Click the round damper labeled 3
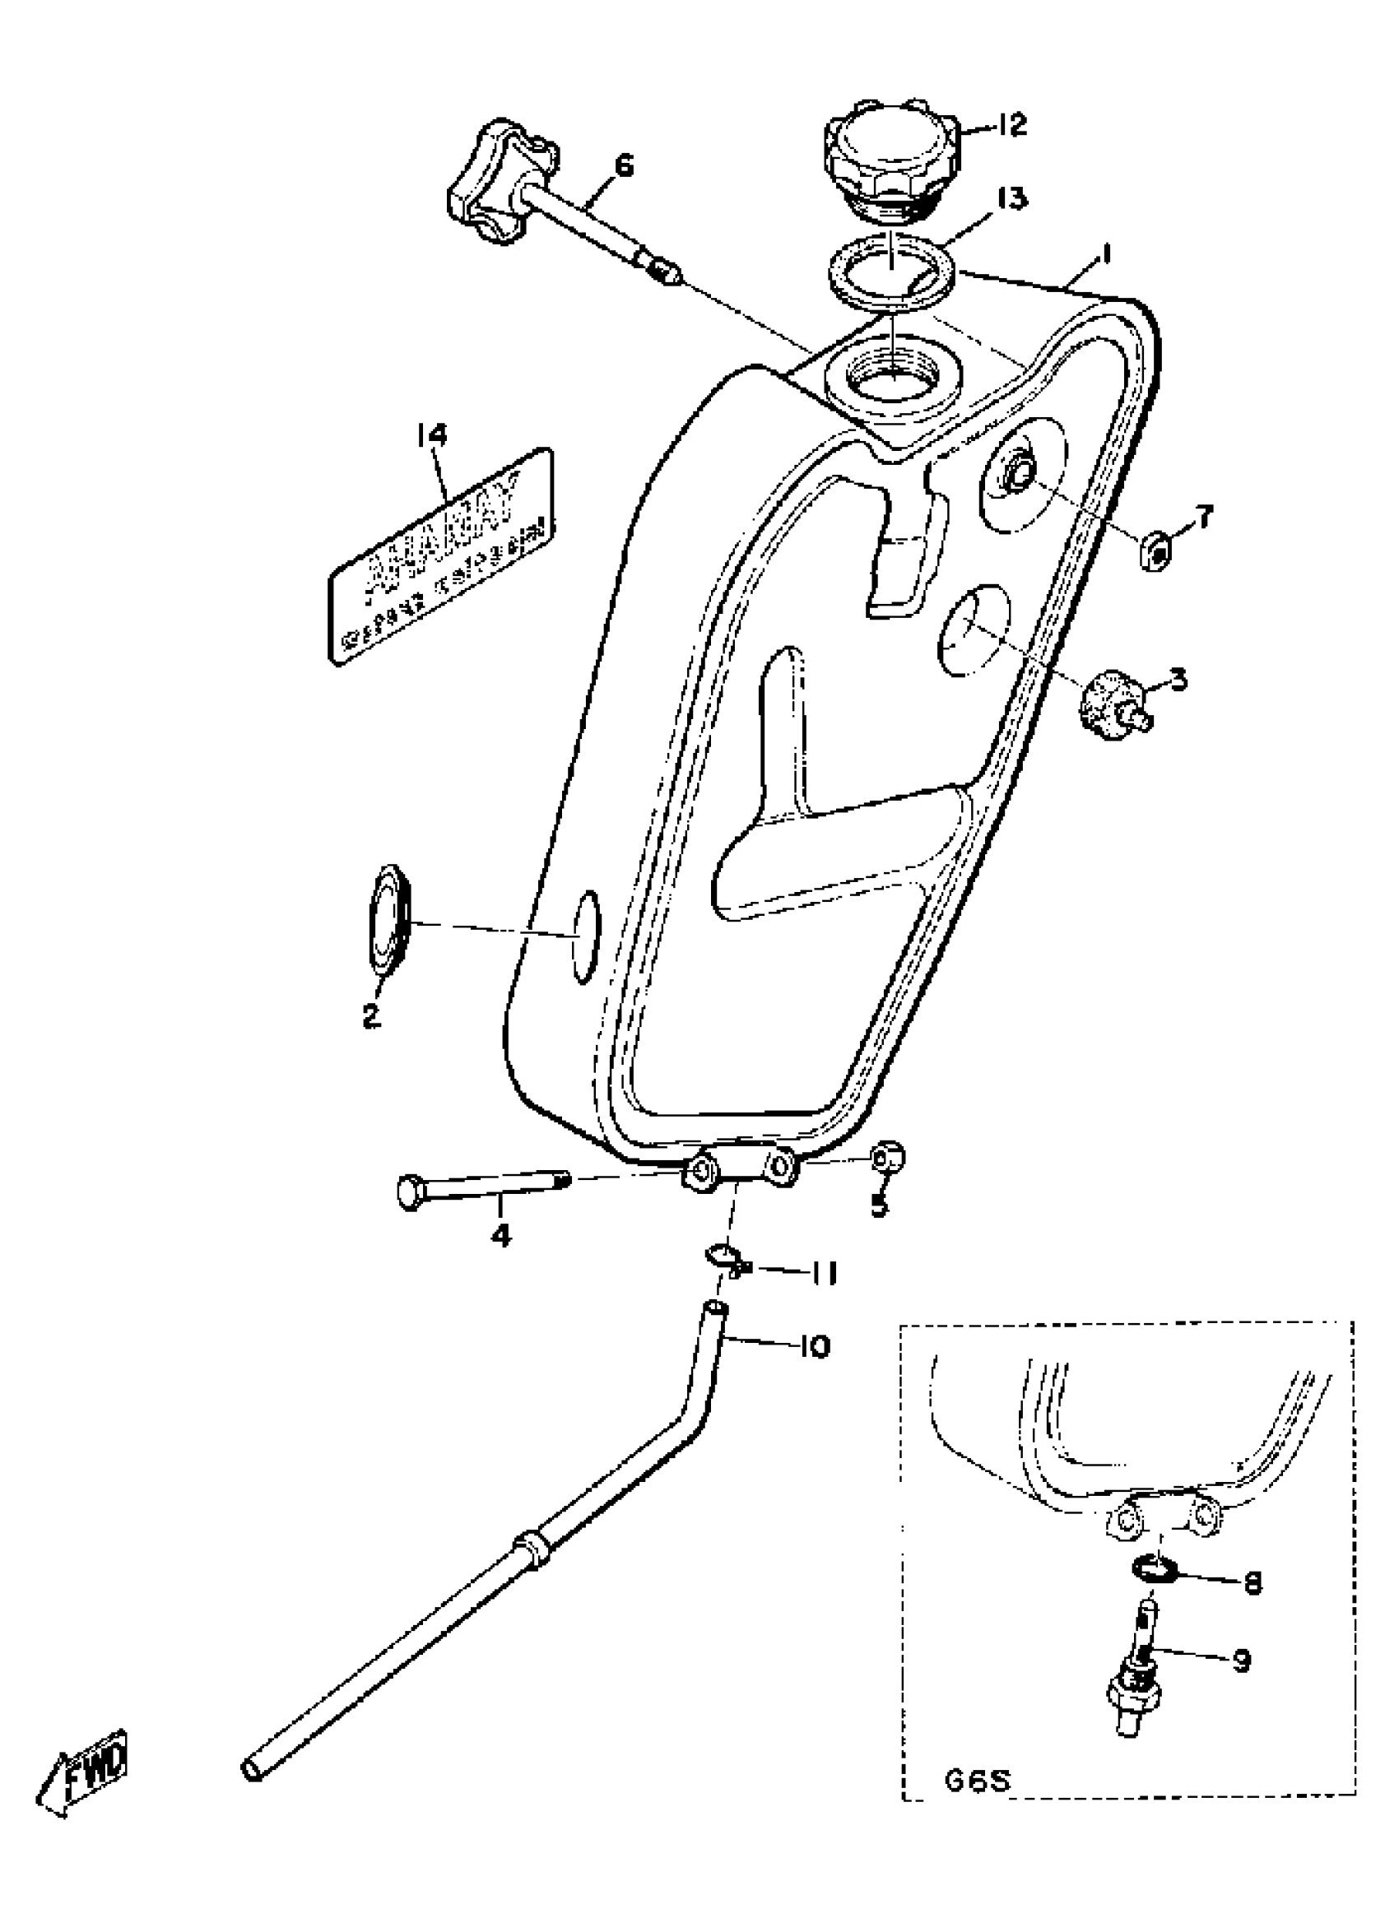[1107, 703]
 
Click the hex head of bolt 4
[411, 1191]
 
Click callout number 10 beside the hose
[814, 1346]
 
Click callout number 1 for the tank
[1108, 253]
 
